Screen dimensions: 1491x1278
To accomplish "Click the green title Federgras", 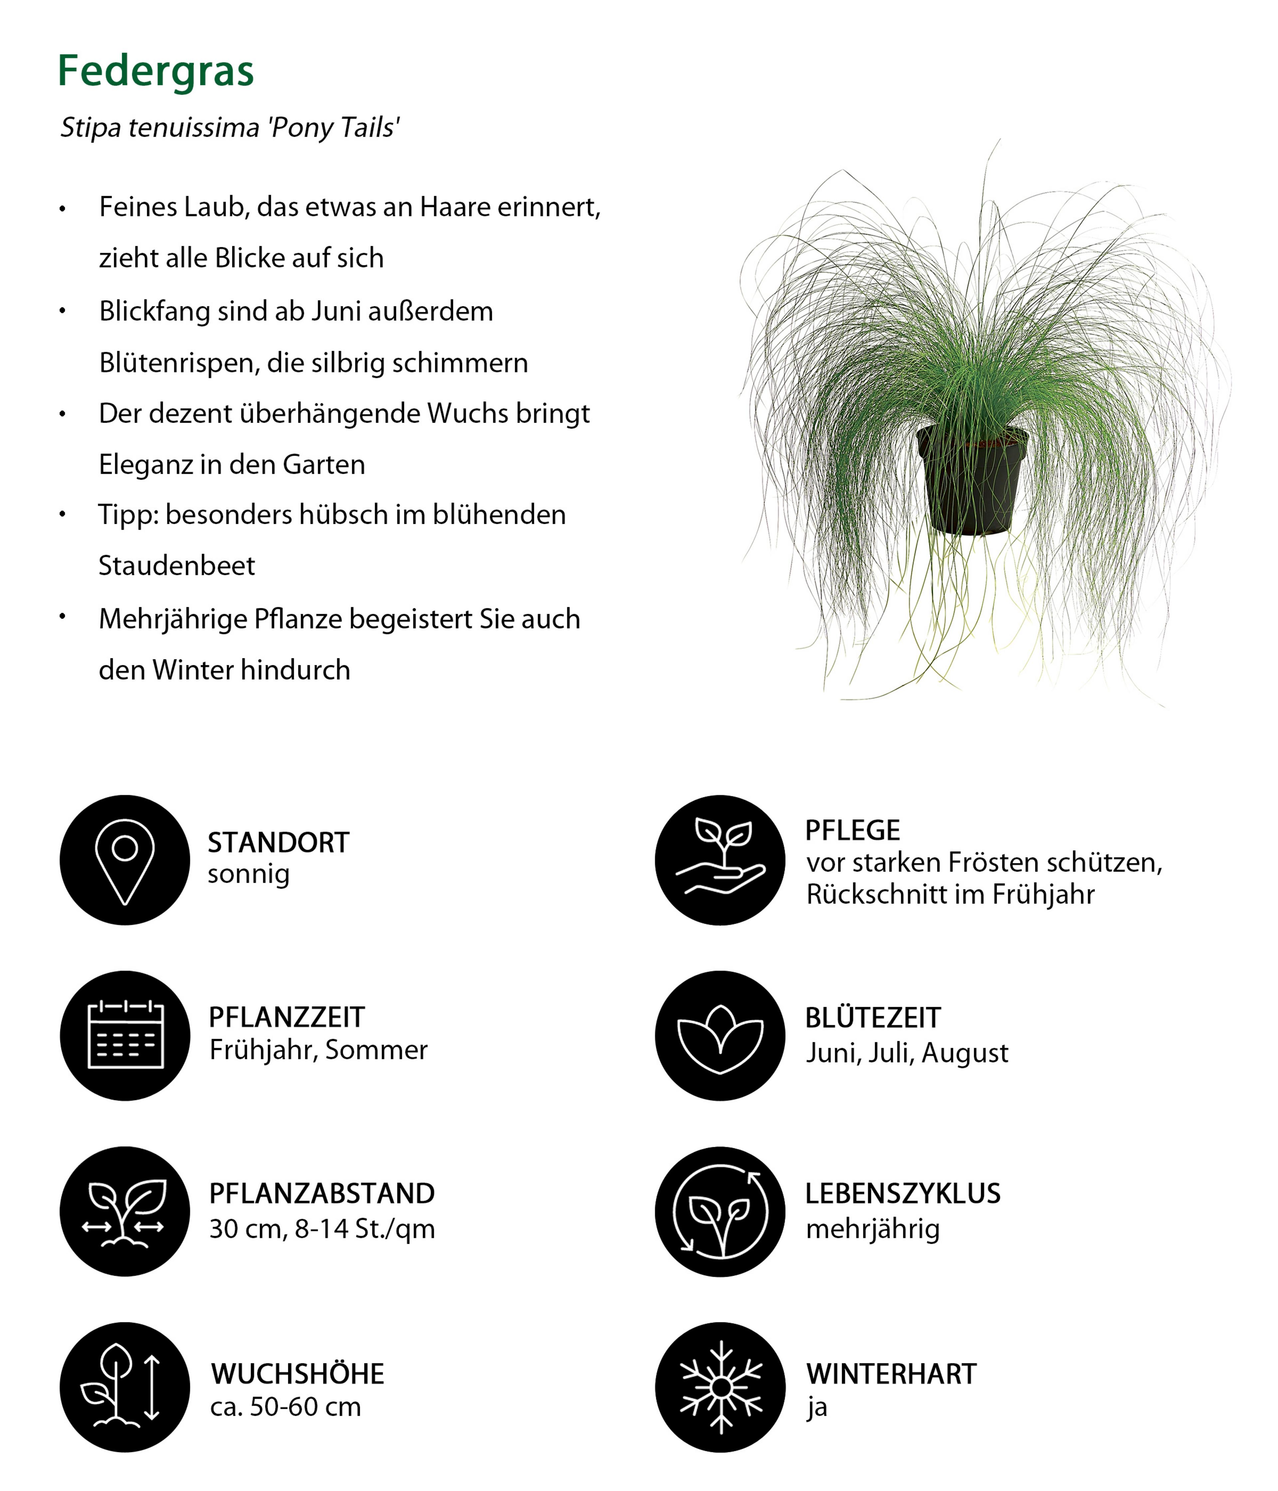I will point(155,71).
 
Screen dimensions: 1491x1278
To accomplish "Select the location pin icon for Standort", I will point(124,860).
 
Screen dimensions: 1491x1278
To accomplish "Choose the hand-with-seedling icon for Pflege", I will point(720,860).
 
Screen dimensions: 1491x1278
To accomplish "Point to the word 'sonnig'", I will point(248,874).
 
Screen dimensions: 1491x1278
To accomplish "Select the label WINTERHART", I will point(891,1374).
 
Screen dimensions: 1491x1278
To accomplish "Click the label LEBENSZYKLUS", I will point(902,1194).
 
